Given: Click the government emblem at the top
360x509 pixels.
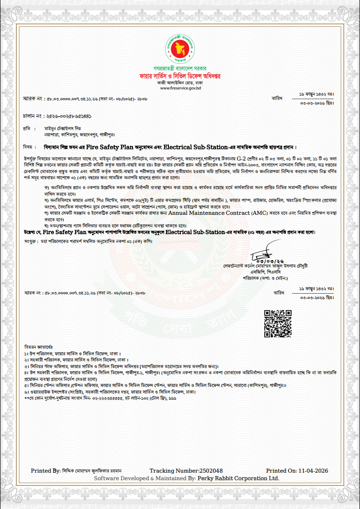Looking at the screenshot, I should click(180, 46).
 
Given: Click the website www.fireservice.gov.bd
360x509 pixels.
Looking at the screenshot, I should click(180, 88).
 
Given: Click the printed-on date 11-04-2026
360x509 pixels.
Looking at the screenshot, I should click(313, 471).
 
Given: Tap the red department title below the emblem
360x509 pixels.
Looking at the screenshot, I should click(180, 76).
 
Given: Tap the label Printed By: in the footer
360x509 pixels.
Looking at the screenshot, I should click(46, 471).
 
